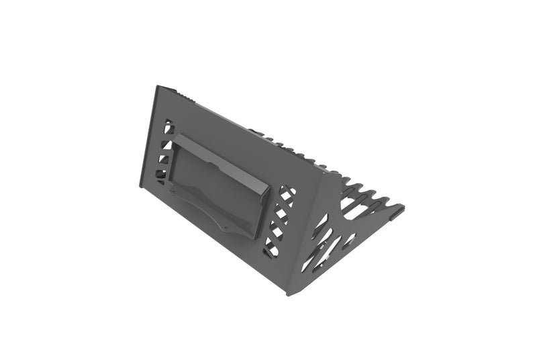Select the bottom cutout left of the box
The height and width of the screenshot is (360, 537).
point(160,179)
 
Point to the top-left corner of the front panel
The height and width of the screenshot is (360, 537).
point(156,87)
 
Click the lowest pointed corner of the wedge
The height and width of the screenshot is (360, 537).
point(289,294)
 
